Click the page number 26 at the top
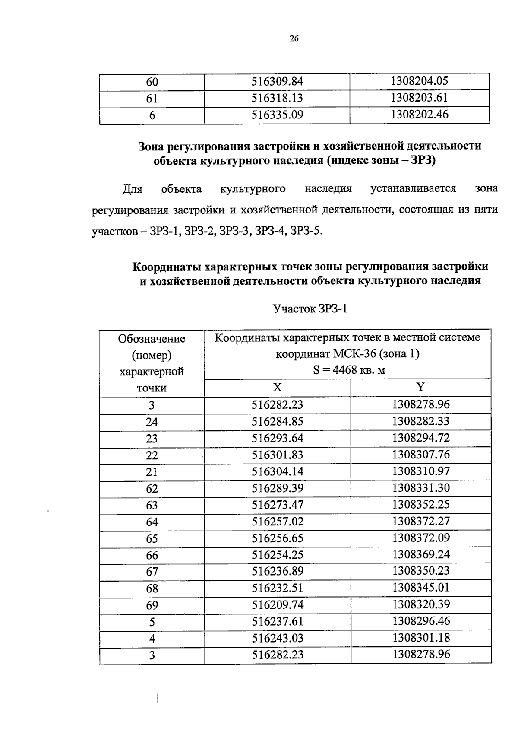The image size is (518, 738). pos(294,39)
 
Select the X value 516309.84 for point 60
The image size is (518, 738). pos(277,81)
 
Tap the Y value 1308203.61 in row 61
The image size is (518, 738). pos(419,98)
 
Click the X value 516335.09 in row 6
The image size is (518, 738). pos(277,115)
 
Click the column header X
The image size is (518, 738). pos(277,387)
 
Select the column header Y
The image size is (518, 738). pos(420,387)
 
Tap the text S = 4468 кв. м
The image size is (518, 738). pos(349,370)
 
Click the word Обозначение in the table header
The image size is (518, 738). pos(152,339)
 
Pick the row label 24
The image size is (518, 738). pos(152,422)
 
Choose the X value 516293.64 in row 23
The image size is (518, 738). pos(278,438)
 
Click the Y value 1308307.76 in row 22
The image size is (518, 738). pos(421,455)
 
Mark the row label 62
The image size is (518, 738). pos(152,489)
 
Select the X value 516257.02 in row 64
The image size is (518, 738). pos(278,522)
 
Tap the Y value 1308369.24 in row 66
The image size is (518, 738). pos(421,554)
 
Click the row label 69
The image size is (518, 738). pos(152,605)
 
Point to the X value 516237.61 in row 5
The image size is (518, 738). pos(278,621)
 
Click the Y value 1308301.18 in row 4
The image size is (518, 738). pos(421,638)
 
